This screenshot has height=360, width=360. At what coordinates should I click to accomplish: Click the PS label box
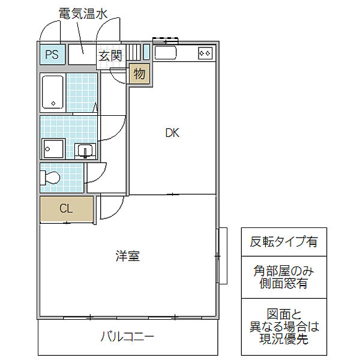tap(52, 55)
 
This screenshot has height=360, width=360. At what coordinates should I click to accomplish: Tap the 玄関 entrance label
tap(110, 56)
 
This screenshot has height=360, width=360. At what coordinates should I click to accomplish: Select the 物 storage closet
tap(139, 74)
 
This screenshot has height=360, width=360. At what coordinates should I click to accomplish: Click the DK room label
tap(172, 133)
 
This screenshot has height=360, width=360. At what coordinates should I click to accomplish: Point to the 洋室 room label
tap(127, 256)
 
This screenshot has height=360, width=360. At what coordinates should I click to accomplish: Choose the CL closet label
tap(66, 209)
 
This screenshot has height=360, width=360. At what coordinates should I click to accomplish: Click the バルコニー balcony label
tap(127, 337)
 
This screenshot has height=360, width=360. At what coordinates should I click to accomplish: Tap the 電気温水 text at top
tap(83, 13)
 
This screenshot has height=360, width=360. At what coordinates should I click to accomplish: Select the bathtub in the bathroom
tap(53, 92)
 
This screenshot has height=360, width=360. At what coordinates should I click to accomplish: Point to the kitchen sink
tap(165, 53)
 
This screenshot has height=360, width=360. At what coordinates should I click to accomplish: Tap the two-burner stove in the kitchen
tap(205, 53)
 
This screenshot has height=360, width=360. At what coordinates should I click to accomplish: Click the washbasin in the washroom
tap(84, 150)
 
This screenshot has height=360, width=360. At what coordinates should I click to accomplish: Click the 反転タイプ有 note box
tap(284, 242)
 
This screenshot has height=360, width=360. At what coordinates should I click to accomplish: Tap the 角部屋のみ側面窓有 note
tap(284, 277)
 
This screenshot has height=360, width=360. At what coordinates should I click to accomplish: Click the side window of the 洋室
tap(220, 256)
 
